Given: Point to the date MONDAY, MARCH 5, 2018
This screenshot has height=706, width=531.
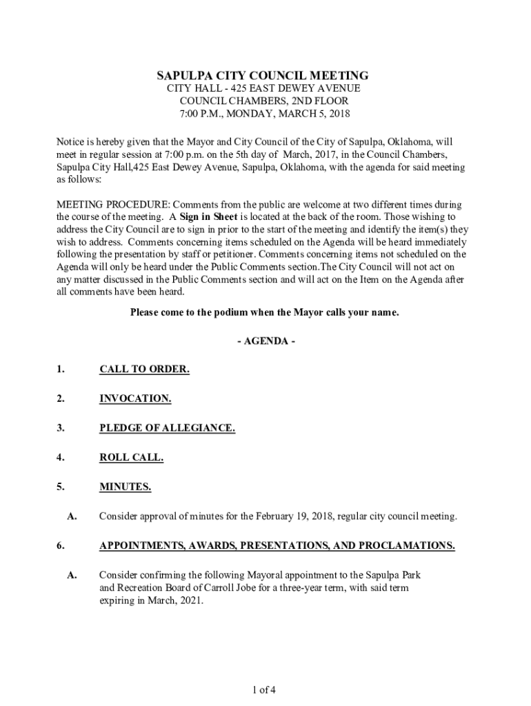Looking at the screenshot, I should (289, 114).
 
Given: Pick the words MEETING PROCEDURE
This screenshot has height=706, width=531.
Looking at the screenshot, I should (112, 205).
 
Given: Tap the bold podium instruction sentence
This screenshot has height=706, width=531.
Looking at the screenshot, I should (265, 312).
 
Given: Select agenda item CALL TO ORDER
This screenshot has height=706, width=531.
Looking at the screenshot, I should (144, 370).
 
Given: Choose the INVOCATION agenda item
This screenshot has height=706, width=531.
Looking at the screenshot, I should (135, 399).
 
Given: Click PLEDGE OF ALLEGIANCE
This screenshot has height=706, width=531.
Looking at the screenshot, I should (167, 428).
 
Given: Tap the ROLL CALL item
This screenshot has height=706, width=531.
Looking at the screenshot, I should (131, 457).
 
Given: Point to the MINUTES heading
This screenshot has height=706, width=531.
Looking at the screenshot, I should (125, 487).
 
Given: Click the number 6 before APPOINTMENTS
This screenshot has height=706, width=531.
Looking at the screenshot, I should (61, 545).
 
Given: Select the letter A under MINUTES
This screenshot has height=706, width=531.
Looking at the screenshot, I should (71, 516).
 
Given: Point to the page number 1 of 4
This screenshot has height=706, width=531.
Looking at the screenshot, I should (265, 689).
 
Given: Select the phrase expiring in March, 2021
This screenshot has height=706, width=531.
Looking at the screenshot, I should (152, 600).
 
